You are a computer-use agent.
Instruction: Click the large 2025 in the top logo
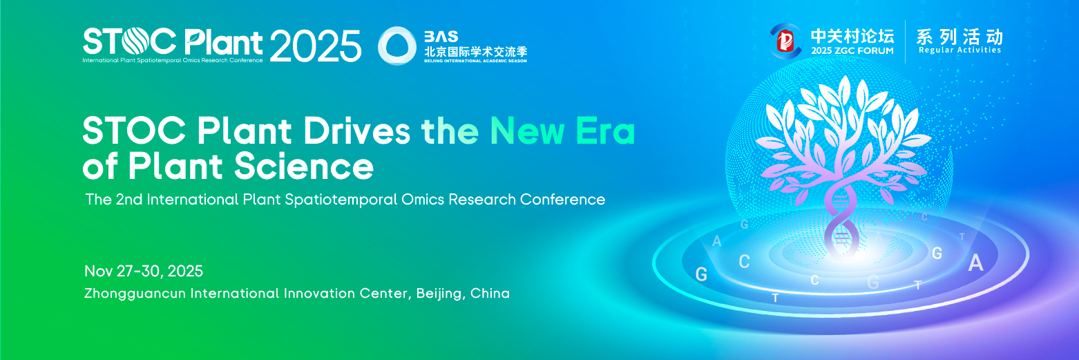pos(316,46)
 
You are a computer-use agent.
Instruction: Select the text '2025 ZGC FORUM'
pos(852,50)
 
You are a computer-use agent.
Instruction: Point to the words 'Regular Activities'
pos(959,50)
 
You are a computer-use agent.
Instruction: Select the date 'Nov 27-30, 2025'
pos(144,272)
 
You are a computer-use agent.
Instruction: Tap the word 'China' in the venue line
pos(490,293)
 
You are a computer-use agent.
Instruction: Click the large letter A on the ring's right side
pos(976,263)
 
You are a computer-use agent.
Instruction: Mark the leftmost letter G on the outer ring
pos(701,275)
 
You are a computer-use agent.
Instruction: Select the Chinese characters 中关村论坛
pos(852,36)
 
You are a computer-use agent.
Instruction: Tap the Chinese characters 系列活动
pos(959,37)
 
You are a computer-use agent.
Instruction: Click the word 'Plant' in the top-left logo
pos(224,42)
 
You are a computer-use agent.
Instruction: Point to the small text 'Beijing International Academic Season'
pos(475,61)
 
